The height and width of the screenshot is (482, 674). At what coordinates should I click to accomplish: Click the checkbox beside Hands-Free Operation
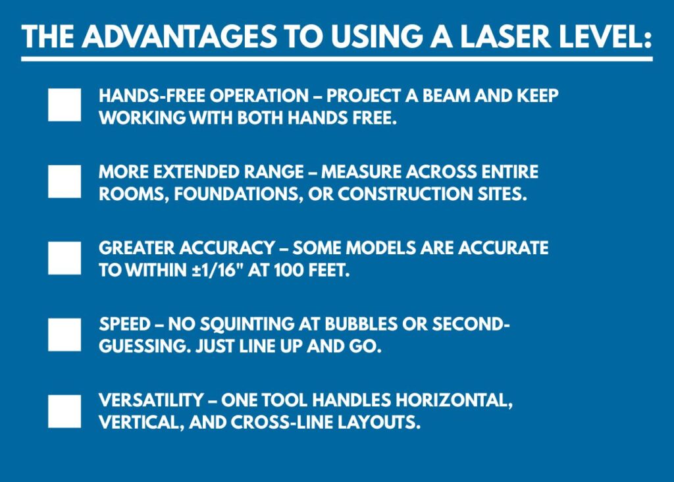[65, 105]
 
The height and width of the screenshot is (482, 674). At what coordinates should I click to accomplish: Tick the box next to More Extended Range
[65, 181]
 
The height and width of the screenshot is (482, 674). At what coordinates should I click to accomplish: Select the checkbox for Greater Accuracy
[65, 258]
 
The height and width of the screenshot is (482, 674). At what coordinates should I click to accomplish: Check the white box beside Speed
[65, 335]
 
